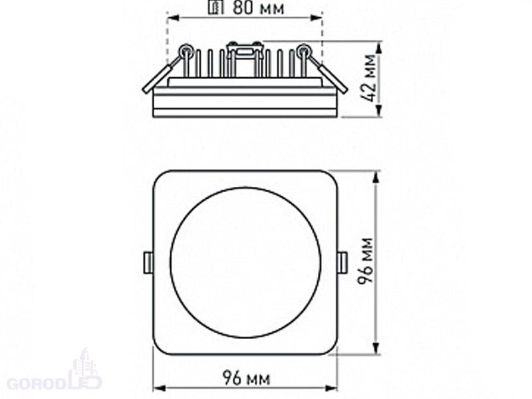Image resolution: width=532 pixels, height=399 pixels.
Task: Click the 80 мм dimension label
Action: pyautogui.click(x=258, y=8)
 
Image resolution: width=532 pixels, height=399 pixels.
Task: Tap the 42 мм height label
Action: pyautogui.click(x=368, y=78)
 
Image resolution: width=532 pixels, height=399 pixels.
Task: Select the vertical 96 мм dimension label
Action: pyautogui.click(x=366, y=261)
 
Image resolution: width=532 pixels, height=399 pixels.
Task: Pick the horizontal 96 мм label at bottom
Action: pyautogui.click(x=246, y=378)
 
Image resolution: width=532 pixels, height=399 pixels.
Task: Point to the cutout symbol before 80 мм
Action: pyautogui.click(x=215, y=7)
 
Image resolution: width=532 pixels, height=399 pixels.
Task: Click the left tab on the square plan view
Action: pyautogui.click(x=148, y=262)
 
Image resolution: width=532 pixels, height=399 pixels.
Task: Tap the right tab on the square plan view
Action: pyautogui.click(x=342, y=262)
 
